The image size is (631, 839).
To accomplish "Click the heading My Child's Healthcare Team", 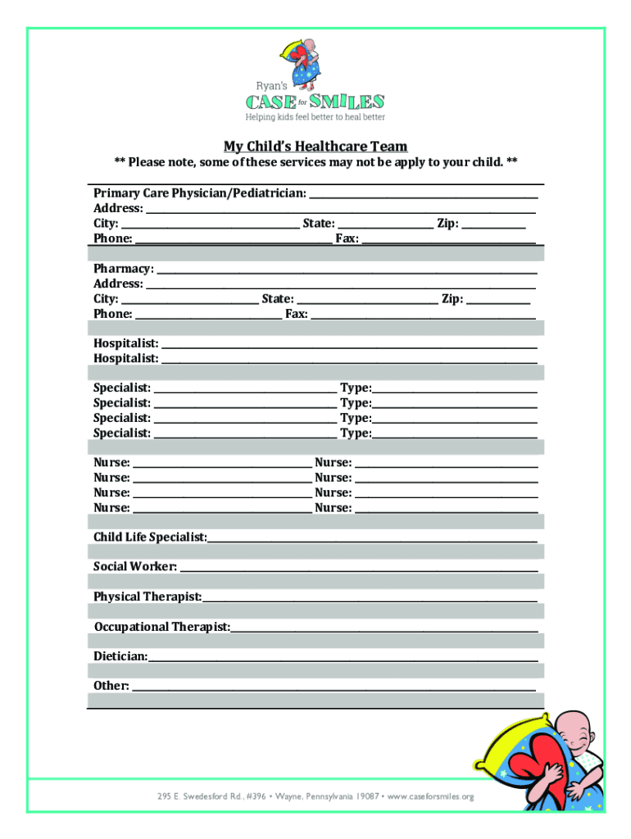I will [x=315, y=147].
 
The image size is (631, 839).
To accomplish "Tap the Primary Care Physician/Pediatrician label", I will [x=200, y=193].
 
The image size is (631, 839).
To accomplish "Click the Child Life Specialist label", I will [x=150, y=537].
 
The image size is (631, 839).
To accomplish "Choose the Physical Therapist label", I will [x=148, y=596].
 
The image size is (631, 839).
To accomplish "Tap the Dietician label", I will [x=120, y=656].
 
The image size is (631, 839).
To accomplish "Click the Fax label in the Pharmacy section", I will [x=296, y=314].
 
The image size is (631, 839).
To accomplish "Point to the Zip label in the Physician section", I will [x=447, y=223].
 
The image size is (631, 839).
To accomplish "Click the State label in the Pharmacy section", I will [x=278, y=299].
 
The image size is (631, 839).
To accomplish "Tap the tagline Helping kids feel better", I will [x=315, y=117].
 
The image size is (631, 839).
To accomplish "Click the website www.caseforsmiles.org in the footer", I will [x=430, y=796].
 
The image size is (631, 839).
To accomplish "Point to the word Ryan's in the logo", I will [x=271, y=84].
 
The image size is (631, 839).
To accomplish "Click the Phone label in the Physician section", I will [x=113, y=238].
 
